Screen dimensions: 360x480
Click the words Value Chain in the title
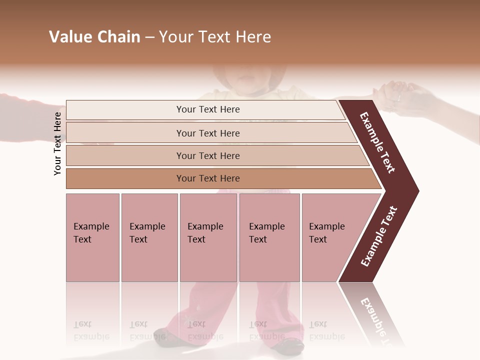94,37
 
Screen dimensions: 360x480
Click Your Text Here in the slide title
215,37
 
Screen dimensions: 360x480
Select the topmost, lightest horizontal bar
207,109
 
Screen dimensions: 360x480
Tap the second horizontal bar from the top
207,133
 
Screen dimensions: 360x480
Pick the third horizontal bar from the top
207,155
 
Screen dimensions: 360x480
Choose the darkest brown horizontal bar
207,178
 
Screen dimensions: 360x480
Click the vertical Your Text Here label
57,143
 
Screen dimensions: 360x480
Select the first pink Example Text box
92,237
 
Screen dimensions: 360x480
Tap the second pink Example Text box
149,237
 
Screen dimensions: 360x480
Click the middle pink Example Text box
208,237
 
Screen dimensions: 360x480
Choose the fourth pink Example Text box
269,237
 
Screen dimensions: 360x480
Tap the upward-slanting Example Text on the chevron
379,236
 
